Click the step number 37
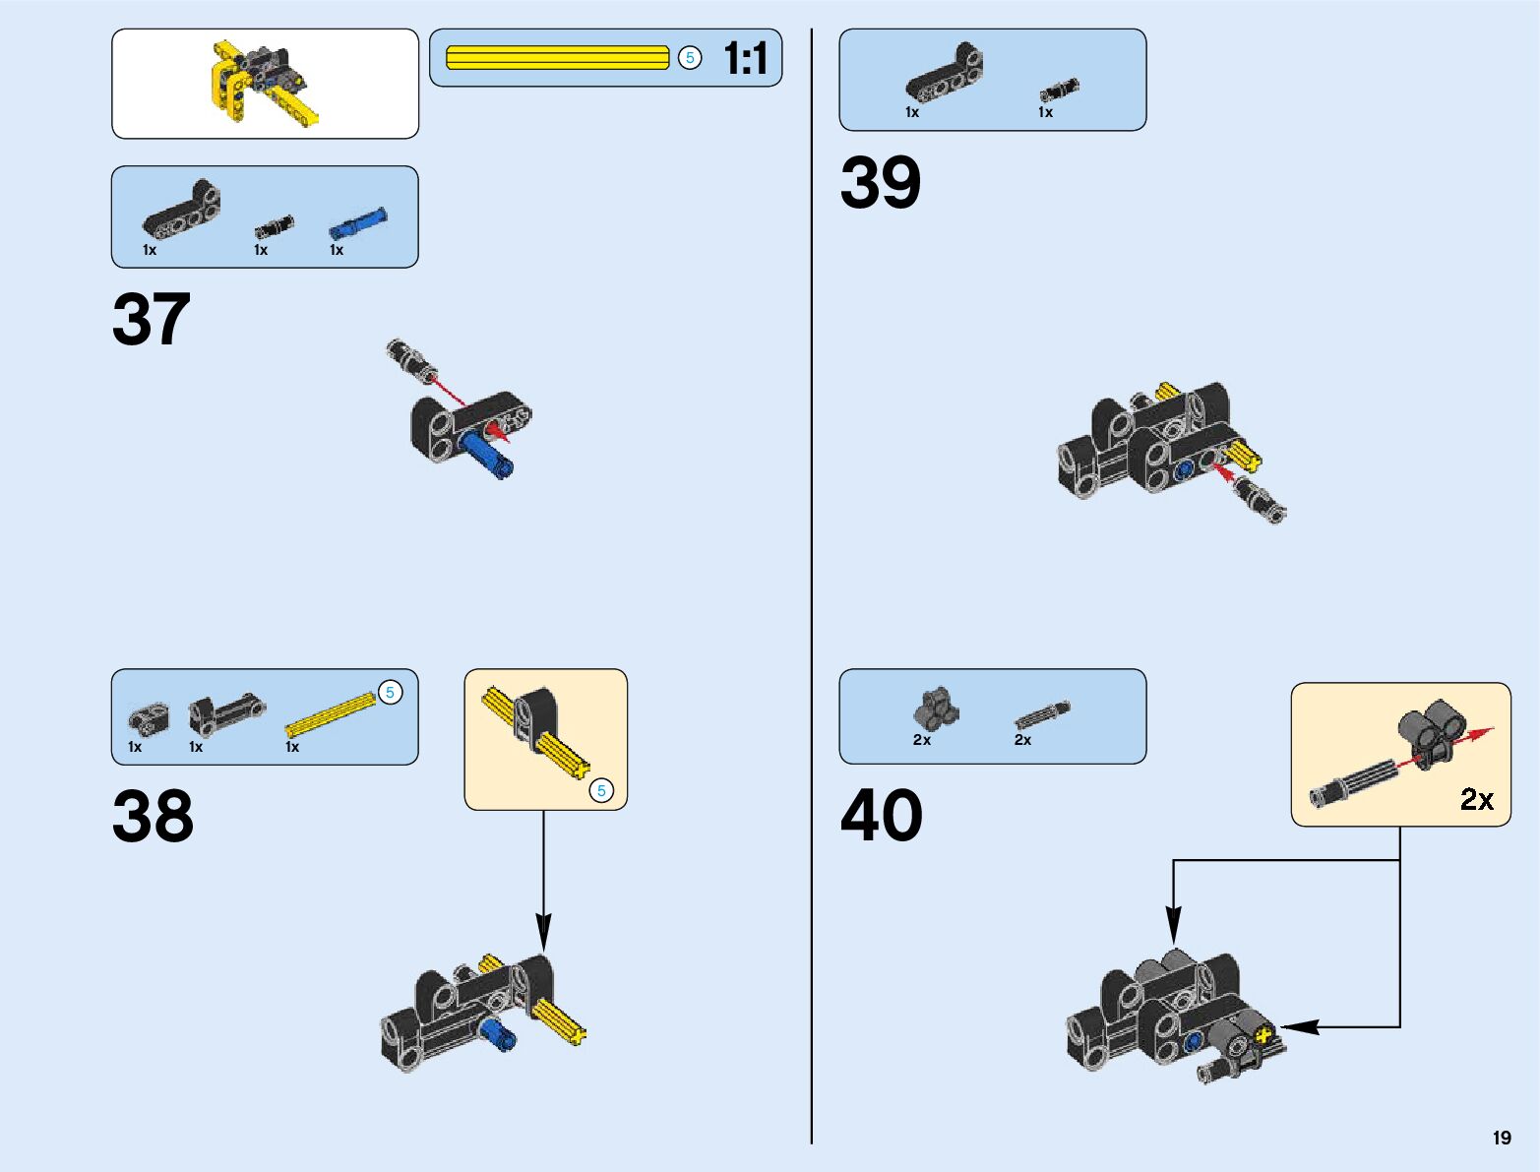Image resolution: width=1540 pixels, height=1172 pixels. point(152,320)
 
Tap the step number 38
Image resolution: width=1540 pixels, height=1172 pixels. point(153,816)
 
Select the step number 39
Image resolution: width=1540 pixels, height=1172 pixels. point(880,183)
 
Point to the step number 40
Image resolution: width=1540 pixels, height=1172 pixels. point(881,816)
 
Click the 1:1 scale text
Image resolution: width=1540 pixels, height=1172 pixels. point(745,59)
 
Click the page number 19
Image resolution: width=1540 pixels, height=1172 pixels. point(1501,1139)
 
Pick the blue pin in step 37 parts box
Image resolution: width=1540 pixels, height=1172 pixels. point(357,223)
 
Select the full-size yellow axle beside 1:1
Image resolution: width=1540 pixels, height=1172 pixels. point(557,58)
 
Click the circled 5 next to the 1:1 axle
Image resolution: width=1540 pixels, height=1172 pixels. point(690,58)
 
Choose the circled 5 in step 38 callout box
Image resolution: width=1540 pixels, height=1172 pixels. point(601,790)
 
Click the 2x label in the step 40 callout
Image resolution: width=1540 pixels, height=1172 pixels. point(1476,799)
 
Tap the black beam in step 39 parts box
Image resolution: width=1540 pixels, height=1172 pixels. point(944,75)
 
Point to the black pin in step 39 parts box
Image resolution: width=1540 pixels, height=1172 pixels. point(1058,91)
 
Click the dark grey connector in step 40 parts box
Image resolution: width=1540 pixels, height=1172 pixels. point(935,708)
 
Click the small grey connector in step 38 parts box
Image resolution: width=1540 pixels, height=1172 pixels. point(149,718)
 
